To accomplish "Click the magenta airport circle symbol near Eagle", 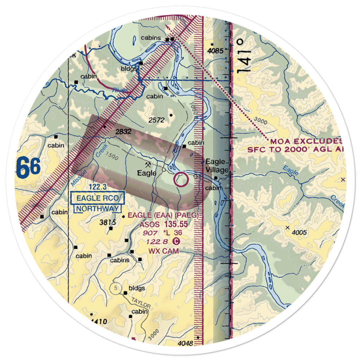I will (x=181, y=179).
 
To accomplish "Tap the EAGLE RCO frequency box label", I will (x=98, y=198).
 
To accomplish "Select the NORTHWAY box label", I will (x=97, y=208).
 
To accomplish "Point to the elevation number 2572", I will (x=157, y=120).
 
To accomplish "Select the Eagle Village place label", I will (x=217, y=166).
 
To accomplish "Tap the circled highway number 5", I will (x=115, y=288).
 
